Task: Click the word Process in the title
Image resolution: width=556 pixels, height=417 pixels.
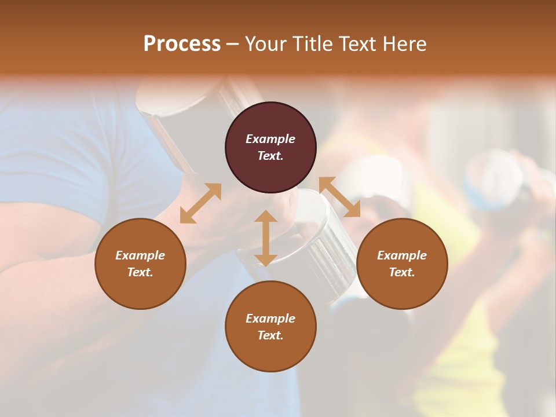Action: [182, 44]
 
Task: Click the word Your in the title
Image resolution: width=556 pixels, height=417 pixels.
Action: [265, 44]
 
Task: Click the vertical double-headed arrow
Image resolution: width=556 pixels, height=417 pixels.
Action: [266, 238]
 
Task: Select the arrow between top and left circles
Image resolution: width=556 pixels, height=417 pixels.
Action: [200, 203]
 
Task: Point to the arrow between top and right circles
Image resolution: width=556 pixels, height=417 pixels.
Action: [339, 197]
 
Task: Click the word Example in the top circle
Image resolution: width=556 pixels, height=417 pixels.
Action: [270, 139]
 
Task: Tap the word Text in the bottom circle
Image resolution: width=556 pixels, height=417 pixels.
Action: [270, 335]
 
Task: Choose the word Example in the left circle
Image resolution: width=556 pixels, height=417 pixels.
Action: [140, 255]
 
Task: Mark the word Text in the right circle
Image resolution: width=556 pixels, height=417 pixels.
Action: [402, 272]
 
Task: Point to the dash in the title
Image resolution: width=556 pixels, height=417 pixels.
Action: [233, 45]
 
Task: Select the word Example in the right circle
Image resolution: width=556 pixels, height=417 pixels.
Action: [402, 255]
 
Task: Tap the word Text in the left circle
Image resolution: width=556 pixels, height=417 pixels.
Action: [140, 272]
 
